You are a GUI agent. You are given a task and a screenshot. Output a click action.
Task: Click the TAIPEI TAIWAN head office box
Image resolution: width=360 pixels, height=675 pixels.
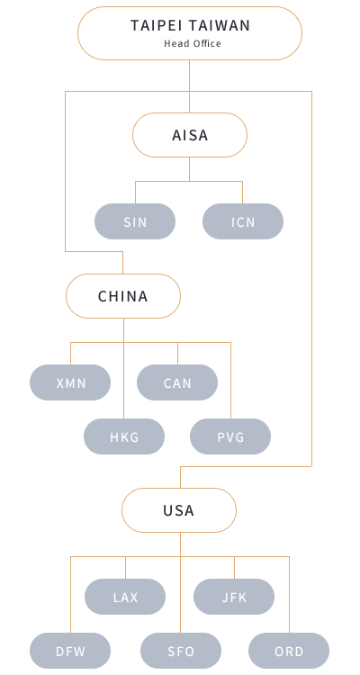click(x=190, y=33)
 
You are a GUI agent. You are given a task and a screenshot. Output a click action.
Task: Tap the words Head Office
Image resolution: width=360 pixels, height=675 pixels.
click(x=193, y=43)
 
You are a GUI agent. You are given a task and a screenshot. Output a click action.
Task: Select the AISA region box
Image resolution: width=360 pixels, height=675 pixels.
click(x=190, y=135)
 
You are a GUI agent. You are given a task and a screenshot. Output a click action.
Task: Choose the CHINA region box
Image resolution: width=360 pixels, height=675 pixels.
click(x=123, y=296)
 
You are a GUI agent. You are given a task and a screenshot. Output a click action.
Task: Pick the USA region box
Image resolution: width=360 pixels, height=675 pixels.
click(x=179, y=510)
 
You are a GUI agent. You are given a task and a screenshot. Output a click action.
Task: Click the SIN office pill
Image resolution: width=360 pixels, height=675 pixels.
click(x=135, y=221)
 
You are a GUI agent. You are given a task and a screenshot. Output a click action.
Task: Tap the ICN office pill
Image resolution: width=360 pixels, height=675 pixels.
click(x=243, y=221)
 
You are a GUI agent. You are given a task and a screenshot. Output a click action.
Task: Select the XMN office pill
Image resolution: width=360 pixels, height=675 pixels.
click(x=70, y=382)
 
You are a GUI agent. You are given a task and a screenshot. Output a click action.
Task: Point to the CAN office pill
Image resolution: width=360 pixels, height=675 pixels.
click(x=177, y=382)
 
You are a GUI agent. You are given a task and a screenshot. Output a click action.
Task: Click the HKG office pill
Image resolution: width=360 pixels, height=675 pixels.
click(x=124, y=436)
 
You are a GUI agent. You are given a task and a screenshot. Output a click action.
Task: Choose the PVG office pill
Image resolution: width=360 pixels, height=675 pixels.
click(x=230, y=436)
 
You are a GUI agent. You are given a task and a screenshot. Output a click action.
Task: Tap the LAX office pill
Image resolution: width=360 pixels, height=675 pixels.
click(x=125, y=597)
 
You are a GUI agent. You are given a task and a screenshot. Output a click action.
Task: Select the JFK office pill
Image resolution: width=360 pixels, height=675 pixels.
click(x=234, y=597)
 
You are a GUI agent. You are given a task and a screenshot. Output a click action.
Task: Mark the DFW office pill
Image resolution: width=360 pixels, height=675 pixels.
click(x=70, y=651)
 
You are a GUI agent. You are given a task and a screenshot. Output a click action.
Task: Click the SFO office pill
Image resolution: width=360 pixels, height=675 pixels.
click(x=181, y=651)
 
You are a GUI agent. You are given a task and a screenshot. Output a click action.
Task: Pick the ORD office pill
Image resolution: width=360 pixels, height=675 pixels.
click(x=289, y=651)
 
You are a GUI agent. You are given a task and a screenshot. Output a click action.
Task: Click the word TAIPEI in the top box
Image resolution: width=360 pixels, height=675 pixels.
click(x=157, y=26)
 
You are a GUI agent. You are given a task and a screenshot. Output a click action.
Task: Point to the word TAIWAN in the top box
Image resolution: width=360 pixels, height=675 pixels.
click(x=220, y=26)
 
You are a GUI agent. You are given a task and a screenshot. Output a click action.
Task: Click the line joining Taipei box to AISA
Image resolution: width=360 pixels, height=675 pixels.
click(x=190, y=86)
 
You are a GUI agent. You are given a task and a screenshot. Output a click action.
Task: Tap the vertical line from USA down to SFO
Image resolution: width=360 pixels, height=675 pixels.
click(x=180, y=582)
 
